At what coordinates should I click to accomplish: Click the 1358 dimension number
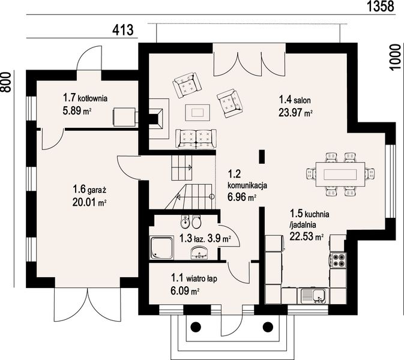380,6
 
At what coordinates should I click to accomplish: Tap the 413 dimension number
123,30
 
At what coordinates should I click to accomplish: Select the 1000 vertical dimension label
396,57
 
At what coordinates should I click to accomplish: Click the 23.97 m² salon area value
295,113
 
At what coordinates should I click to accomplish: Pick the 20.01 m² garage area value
89,202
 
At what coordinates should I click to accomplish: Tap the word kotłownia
93,98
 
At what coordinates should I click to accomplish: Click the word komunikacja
247,185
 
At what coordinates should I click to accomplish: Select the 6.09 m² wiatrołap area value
185,291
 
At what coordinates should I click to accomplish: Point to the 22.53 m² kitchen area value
307,236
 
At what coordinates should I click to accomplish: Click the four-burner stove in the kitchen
338,260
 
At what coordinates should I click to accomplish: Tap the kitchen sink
313,296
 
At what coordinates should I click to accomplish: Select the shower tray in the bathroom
162,248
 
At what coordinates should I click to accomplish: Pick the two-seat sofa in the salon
196,139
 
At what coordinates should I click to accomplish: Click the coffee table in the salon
197,112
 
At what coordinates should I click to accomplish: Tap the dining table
340,174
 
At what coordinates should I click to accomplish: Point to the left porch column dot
196,327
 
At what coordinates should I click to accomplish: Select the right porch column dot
268,327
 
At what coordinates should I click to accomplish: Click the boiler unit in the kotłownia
124,117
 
